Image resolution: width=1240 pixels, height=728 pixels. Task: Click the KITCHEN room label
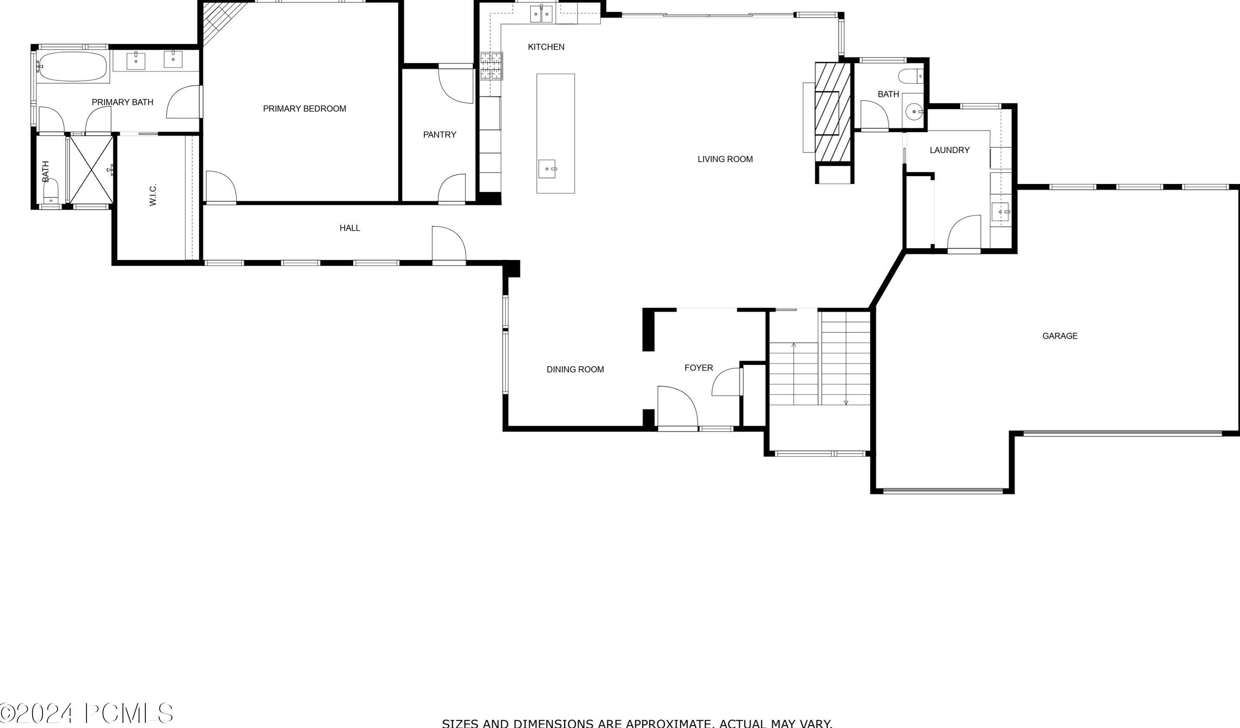546,47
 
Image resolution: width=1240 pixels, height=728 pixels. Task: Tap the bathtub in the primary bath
72,67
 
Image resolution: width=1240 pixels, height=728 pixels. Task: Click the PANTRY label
439,134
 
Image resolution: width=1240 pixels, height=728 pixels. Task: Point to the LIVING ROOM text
725,159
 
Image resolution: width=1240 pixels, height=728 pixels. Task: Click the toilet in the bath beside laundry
911,76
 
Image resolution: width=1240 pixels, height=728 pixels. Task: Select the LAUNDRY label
949,150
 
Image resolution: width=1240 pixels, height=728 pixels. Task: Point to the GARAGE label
1060,336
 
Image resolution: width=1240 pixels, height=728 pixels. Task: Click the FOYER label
698,368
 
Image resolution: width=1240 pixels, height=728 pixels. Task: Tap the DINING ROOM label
575,369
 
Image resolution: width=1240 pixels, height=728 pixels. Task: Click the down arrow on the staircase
846,402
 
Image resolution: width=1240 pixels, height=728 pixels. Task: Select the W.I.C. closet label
153,195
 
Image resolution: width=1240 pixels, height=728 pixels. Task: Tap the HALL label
349,228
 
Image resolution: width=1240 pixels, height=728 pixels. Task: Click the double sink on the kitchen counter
541,14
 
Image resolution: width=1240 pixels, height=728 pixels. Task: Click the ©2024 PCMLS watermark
87,713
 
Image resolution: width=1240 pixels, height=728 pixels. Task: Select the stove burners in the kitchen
491,66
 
